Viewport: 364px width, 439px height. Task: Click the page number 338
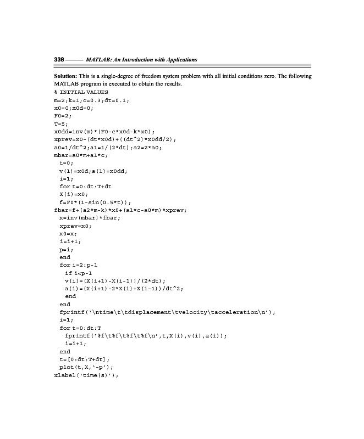pos(59,59)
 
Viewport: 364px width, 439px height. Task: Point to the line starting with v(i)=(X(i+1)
pos(115,280)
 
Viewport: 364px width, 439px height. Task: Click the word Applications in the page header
pos(179,59)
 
